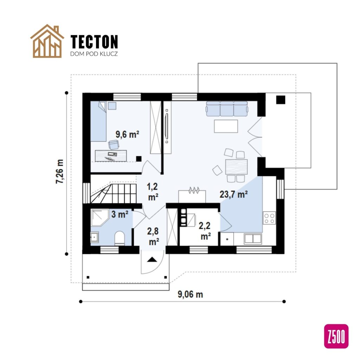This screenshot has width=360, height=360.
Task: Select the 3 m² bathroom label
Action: [x=120, y=214]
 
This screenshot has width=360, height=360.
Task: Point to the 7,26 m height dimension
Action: [x=60, y=171]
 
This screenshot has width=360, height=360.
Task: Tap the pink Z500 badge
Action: [x=336, y=336]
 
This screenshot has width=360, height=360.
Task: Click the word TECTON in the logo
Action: [x=94, y=42]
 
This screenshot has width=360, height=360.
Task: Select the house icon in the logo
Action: [x=47, y=41]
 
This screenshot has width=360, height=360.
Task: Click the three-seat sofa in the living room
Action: [x=227, y=109]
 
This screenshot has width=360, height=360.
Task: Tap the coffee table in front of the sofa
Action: [x=226, y=126]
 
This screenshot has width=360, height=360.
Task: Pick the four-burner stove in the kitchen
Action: [x=270, y=218]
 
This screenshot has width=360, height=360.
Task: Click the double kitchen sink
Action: [x=253, y=239]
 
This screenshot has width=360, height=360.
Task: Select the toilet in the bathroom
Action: [x=120, y=238]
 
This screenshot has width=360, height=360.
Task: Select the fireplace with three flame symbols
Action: [x=192, y=194]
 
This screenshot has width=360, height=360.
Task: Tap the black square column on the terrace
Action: [x=280, y=100]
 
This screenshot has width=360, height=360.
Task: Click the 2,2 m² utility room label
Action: [x=205, y=230]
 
